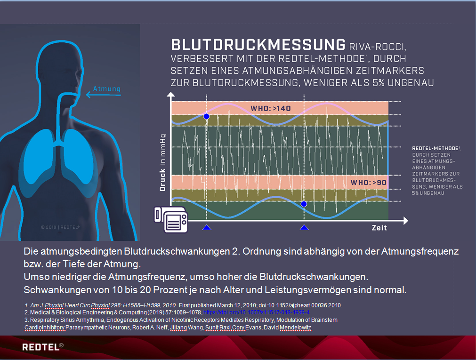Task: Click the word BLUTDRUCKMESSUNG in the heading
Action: click(x=258, y=45)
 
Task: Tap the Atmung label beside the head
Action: click(x=106, y=89)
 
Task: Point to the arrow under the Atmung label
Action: click(x=103, y=95)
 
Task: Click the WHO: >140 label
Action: click(x=270, y=108)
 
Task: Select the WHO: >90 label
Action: click(x=369, y=183)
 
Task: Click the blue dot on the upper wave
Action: click(x=206, y=116)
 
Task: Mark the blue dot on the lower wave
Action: click(x=304, y=204)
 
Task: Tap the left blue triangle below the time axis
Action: click(x=207, y=228)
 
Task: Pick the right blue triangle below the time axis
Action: click(x=304, y=228)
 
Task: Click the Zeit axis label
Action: click(x=379, y=228)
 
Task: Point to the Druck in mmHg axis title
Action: click(x=163, y=162)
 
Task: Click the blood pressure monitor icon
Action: click(x=171, y=219)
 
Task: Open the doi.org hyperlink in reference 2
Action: click(x=256, y=312)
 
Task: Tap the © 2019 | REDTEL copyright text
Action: click(x=60, y=227)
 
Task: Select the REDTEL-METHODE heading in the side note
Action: click(x=436, y=148)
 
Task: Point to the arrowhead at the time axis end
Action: click(x=405, y=221)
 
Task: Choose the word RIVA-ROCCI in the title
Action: click(x=377, y=47)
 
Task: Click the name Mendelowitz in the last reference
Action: click(x=295, y=328)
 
